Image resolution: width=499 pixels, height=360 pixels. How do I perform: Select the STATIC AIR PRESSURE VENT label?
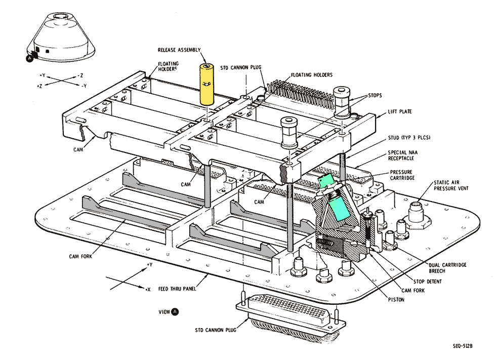(x=450, y=185)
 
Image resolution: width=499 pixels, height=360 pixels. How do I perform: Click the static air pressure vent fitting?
(x=418, y=208)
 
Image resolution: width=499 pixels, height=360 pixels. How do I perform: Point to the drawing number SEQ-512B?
(x=466, y=347)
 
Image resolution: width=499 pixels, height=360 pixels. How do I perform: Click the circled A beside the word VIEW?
(x=175, y=311)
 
